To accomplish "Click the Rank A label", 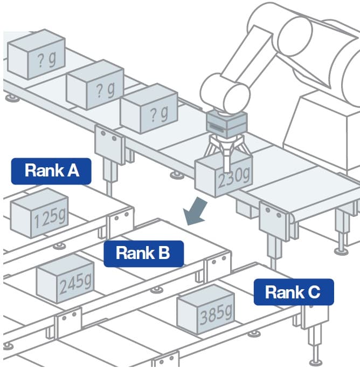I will coord(51,171).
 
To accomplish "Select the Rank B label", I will coord(143,253).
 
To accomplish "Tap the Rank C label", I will coord(294,292).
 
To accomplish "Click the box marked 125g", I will coord(39,214).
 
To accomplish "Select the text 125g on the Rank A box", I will coord(50,218).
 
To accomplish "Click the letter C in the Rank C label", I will coord(314,292).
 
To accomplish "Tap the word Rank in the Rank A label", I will coord(42,171).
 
